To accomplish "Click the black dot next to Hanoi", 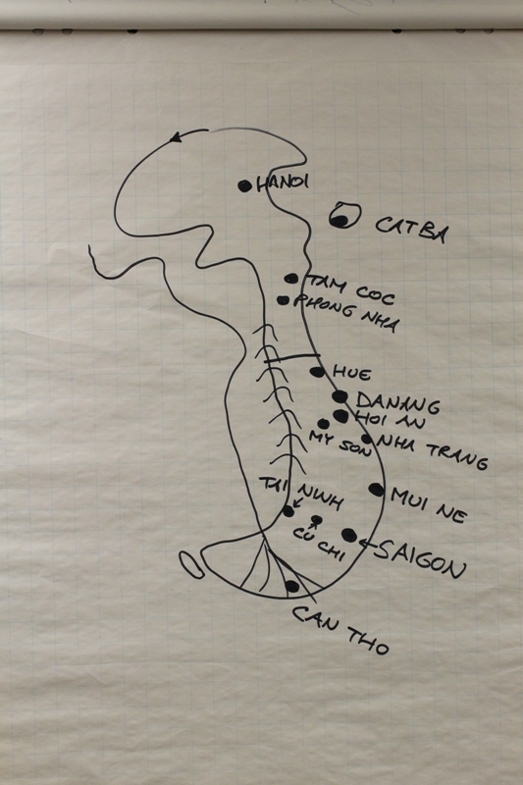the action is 244,186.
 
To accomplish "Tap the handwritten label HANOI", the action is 283,183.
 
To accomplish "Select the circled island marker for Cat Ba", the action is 344,215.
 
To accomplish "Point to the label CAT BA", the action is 411,230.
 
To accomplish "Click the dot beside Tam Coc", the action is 290,279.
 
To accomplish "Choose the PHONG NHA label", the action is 346,313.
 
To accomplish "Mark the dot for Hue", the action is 317,372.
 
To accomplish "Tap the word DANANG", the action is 397,403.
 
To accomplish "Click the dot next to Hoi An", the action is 340,415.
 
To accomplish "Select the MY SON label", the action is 340,444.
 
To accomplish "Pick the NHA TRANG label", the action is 432,452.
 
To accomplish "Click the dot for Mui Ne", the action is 377,490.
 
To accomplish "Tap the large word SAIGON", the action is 420,559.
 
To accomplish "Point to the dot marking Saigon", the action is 349,535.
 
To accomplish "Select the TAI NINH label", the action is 301,493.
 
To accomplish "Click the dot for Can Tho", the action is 291,586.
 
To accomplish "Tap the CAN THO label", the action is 340,630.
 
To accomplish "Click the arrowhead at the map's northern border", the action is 176,136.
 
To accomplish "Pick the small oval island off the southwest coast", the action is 191,565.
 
